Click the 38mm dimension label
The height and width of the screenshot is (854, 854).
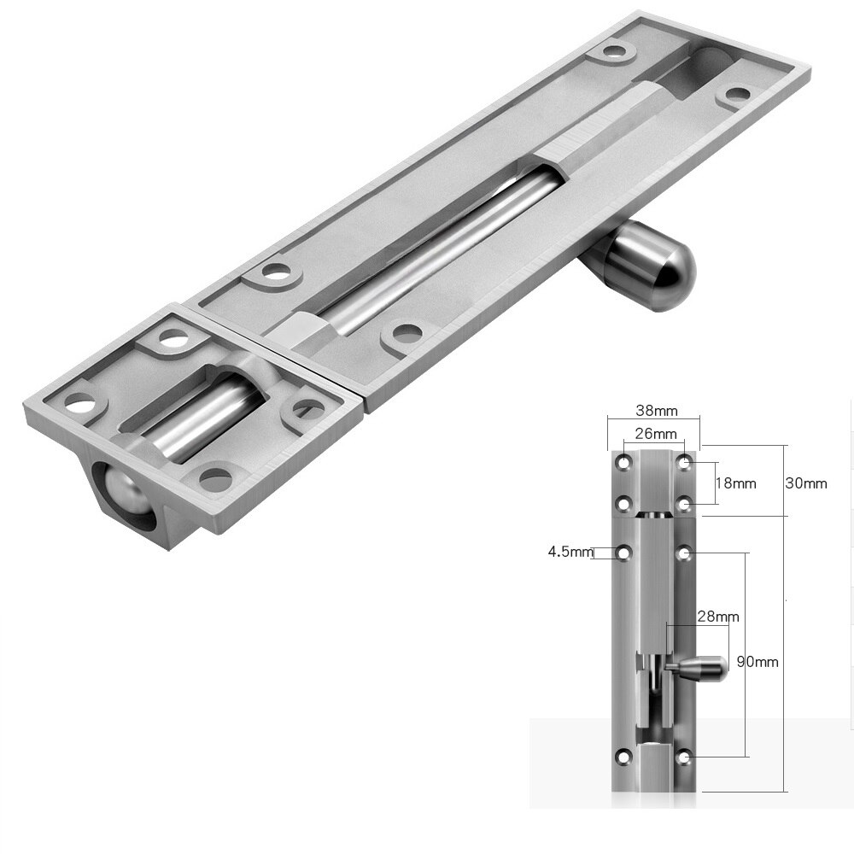tap(653, 410)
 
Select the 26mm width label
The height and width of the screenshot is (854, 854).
tap(653, 434)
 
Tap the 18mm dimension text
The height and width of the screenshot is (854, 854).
tap(735, 483)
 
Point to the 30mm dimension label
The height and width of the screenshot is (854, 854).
tap(805, 483)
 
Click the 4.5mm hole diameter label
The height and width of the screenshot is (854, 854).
tap(570, 552)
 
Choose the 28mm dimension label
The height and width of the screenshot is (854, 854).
tap(717, 616)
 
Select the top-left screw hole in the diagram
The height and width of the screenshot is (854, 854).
tap(625, 463)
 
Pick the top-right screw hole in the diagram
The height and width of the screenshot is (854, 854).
tap(685, 463)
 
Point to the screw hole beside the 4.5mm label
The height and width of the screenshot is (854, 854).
tap(625, 553)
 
